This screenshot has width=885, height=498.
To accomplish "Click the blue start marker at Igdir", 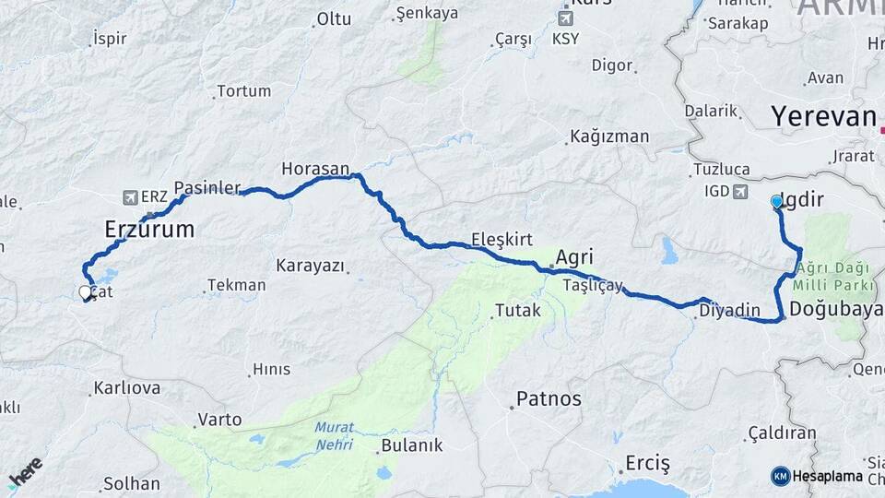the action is coord(777,201).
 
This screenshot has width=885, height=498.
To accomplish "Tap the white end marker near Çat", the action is coord(86,293).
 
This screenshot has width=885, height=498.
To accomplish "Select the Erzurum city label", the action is coord(149,229).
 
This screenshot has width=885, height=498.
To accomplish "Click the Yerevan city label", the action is coord(823,116).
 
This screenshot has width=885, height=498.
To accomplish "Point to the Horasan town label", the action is coord(315,169).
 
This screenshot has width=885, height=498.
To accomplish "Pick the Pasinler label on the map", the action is coord(206,186).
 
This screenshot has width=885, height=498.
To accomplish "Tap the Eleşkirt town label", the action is coord(501,240).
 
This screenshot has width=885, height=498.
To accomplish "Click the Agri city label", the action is coord(574,257).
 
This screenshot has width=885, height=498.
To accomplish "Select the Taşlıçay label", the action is coord(594,286).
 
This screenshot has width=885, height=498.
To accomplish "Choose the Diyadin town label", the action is coord(729,310).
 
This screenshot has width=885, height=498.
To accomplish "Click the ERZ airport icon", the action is coord(130,197).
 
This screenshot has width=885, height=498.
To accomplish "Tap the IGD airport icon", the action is coord(739,192).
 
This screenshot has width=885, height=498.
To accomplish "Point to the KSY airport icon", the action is coord(566,18).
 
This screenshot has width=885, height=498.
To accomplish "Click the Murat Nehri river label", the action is coord(334,434).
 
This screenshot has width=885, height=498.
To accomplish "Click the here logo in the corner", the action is coord(25,472).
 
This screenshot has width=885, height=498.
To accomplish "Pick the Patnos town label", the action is coord(549,399).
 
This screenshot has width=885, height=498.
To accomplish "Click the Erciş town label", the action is coord(647,462).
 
